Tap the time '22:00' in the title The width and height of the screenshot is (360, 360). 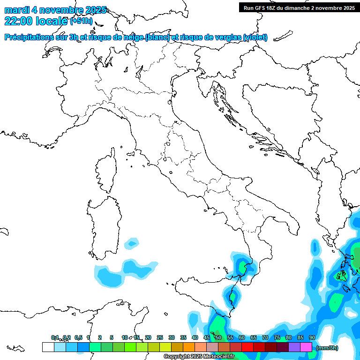[19, 21]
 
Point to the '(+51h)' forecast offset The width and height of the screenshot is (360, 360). [81, 21]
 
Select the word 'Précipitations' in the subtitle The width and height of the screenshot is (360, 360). [30, 37]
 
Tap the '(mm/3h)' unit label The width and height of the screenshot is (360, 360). [327, 347]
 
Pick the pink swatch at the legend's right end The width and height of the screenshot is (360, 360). [306, 347]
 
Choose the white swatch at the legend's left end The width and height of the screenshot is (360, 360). [48, 347]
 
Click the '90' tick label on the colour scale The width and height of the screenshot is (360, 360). [312, 337]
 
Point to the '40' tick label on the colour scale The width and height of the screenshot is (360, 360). [195, 337]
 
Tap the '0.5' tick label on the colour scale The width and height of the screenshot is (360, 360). [78, 337]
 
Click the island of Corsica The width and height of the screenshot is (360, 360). [107, 171]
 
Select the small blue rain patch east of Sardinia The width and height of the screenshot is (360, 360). [132, 243]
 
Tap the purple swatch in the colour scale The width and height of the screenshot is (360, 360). [294, 347]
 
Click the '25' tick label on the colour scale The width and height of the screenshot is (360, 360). [159, 337]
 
